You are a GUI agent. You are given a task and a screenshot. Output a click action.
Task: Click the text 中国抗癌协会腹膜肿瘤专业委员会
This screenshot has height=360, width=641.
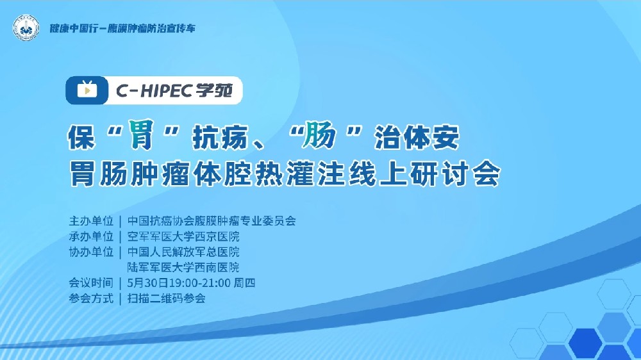point(212,221)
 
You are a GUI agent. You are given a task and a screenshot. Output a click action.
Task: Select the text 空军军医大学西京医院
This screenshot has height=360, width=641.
point(183,236)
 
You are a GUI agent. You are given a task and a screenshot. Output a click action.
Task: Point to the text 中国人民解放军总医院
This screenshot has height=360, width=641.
point(183,252)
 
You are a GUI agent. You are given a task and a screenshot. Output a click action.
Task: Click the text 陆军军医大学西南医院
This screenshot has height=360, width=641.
point(183,267)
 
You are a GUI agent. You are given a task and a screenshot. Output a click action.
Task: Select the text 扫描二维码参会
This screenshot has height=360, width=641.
point(167,298)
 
